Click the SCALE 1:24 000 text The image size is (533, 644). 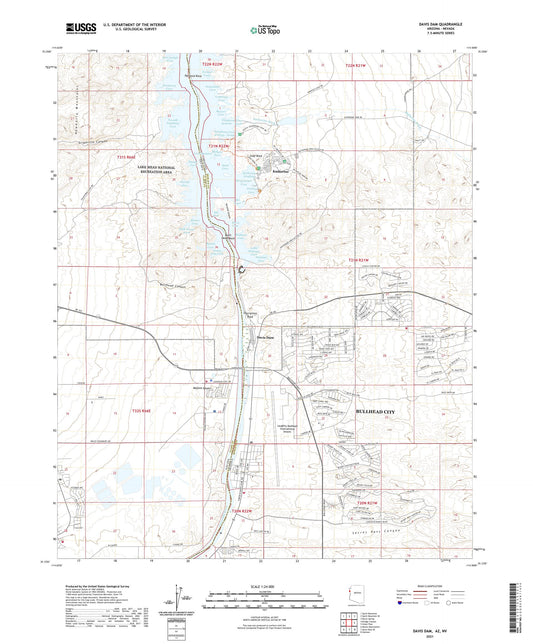266,585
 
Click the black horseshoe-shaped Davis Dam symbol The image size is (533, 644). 242,268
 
